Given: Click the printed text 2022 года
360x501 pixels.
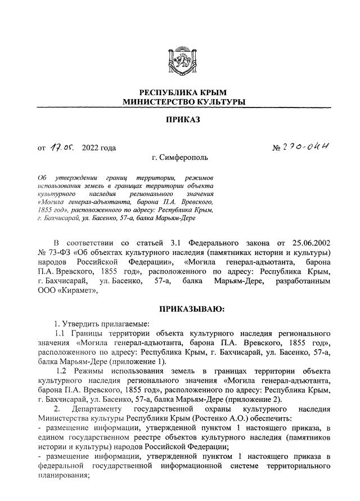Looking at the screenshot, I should [x=99, y=148].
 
